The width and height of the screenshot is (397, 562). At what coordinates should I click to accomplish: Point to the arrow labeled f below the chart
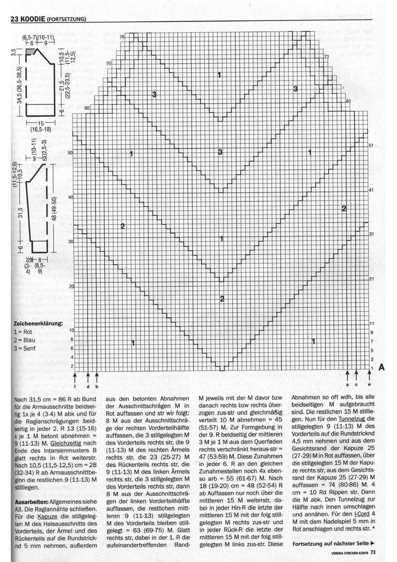[75, 377]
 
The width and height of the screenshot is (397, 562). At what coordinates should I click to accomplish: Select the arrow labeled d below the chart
[88, 377]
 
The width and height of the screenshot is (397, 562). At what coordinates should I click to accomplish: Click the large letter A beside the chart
[381, 367]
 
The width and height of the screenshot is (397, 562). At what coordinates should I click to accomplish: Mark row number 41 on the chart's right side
[371, 190]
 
